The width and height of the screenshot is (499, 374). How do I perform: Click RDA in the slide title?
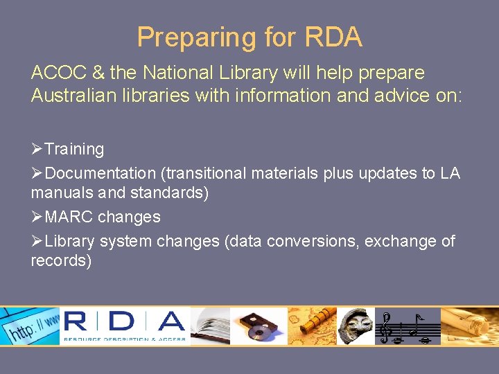331,37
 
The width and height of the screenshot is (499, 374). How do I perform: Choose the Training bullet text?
74,149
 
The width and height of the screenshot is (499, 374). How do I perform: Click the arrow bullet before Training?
37,149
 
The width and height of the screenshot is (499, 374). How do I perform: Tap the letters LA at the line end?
449,173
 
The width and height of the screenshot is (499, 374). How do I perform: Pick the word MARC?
69,217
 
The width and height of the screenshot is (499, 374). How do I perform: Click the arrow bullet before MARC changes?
37,217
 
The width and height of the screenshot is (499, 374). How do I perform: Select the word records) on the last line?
61,260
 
